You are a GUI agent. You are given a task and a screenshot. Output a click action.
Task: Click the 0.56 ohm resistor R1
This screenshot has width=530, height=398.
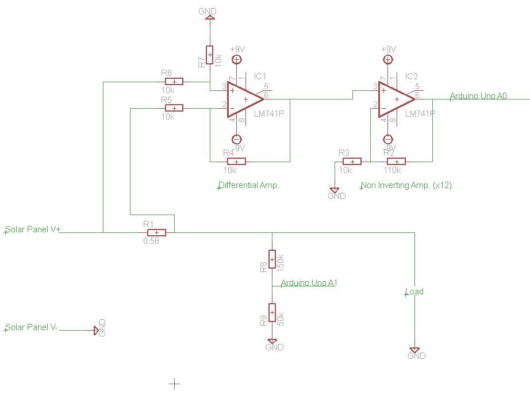coord(156,232)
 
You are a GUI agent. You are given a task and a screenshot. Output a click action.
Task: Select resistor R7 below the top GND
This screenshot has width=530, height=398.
coord(210,55)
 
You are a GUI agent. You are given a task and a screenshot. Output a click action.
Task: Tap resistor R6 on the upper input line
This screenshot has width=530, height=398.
coord(174,82)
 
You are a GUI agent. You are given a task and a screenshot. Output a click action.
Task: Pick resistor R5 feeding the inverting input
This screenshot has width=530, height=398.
coord(174,108)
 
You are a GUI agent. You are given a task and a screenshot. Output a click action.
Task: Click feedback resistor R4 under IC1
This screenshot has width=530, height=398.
coord(237,161)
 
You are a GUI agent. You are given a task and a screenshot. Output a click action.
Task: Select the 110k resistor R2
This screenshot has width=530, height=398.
coord(396,161)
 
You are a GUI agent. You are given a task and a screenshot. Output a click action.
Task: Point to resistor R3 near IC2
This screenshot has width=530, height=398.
coord(352,161)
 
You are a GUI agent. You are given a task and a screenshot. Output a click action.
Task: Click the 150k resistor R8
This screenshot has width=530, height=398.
coord(272,259)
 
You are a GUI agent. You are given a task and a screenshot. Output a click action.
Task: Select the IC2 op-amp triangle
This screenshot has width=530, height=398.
coord(395,99)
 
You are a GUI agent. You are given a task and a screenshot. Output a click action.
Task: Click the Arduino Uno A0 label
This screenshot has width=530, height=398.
coord(478,96)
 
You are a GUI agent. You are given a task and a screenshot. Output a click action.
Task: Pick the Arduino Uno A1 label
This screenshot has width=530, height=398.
coord(309,283)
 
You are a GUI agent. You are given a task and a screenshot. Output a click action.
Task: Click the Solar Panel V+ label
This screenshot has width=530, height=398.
coord(33,229)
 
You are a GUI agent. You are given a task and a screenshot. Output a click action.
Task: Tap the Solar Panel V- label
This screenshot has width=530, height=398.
coord(31,327)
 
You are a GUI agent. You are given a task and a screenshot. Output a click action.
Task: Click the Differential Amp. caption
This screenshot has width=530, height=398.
coord(249,186)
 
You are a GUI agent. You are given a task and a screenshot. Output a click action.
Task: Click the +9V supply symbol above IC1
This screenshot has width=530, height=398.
coord(236,59)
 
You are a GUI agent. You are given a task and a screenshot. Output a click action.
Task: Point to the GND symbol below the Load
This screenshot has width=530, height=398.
coord(414,351)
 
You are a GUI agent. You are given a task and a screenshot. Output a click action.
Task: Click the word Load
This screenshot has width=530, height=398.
coord(414,292)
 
